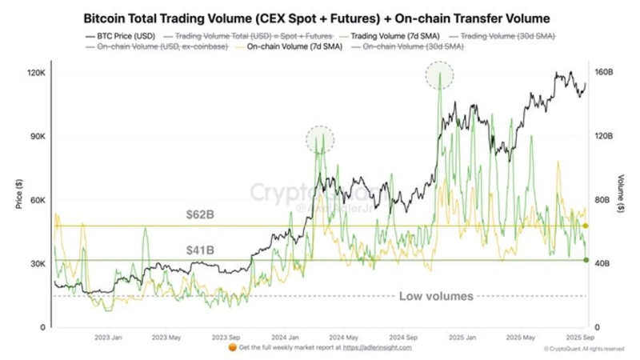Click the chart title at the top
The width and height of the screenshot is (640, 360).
pos(318,16)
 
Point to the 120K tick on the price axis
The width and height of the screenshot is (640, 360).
pos(36,73)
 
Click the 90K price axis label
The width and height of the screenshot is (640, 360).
pos(38,137)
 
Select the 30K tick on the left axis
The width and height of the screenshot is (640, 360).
pos(38,264)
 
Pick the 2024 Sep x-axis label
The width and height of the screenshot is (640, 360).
pos(406,338)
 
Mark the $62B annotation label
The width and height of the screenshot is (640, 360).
pos(201,215)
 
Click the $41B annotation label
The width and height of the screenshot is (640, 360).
pos(201,250)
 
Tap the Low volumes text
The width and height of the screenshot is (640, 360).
pos(436,296)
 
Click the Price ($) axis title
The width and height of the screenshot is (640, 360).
pos(18,196)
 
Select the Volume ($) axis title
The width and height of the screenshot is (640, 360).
pos(622,196)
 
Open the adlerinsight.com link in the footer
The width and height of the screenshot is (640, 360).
pos(378,348)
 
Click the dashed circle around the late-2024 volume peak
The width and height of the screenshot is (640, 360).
pos(439,78)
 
